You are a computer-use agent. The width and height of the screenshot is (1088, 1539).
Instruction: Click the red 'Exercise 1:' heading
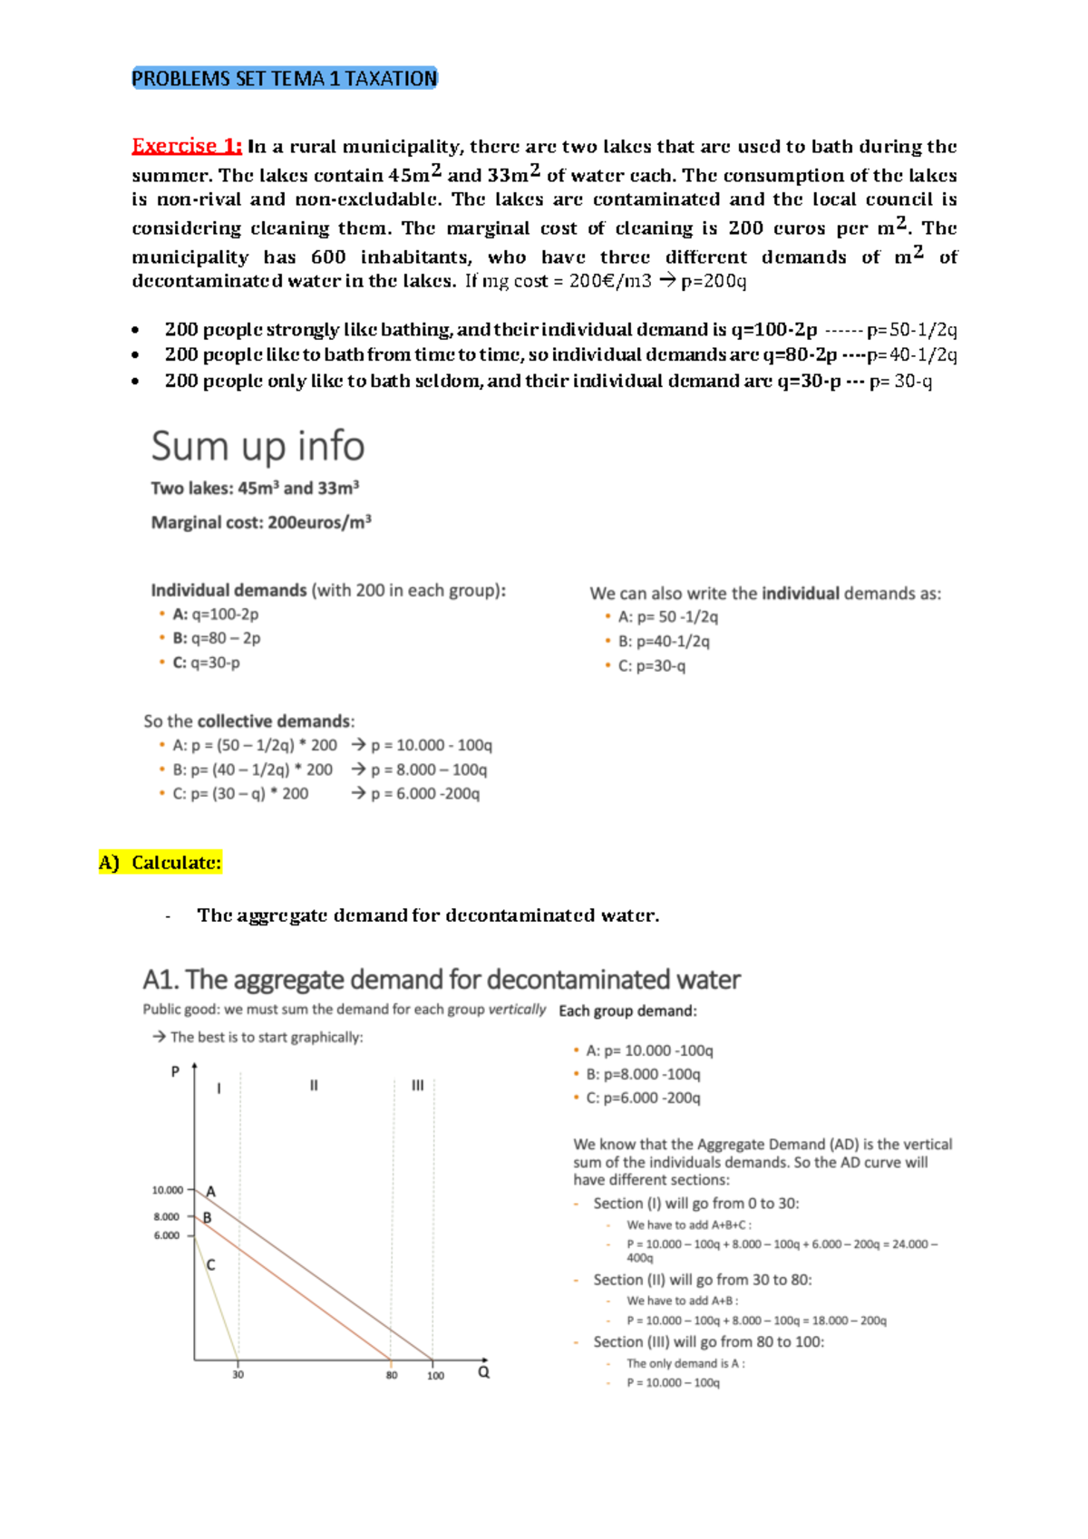(187, 146)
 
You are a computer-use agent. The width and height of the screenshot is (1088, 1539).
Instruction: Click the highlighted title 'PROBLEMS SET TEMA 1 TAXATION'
(284, 79)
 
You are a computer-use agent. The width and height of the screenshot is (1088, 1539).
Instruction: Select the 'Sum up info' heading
(257, 446)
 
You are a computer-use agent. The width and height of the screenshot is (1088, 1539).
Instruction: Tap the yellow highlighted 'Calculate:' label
(176, 862)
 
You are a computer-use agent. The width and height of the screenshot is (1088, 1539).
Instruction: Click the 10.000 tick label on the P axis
(168, 1190)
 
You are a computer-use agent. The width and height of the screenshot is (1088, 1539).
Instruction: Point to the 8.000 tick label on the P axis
(167, 1217)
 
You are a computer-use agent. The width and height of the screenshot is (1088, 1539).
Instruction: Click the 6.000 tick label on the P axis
(167, 1235)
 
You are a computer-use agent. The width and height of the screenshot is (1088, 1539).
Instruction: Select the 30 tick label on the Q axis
(238, 1375)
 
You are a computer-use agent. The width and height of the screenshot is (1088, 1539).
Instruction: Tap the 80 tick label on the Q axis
(392, 1375)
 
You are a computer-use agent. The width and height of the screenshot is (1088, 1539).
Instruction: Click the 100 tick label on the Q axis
(435, 1376)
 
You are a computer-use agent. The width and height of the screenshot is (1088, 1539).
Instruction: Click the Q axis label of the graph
(484, 1372)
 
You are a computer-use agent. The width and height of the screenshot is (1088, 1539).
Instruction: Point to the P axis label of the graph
(176, 1071)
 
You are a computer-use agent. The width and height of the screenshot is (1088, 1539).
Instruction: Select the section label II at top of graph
(314, 1085)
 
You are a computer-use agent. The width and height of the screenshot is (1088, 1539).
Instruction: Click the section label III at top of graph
(417, 1085)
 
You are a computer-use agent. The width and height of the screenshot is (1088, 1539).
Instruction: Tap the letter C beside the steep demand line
(210, 1264)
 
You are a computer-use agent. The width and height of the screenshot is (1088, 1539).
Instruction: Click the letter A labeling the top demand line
(210, 1191)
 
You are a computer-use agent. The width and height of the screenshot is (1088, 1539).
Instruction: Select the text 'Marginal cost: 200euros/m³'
(261, 523)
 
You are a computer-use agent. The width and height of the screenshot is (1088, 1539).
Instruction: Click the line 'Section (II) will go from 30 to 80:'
(702, 1280)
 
